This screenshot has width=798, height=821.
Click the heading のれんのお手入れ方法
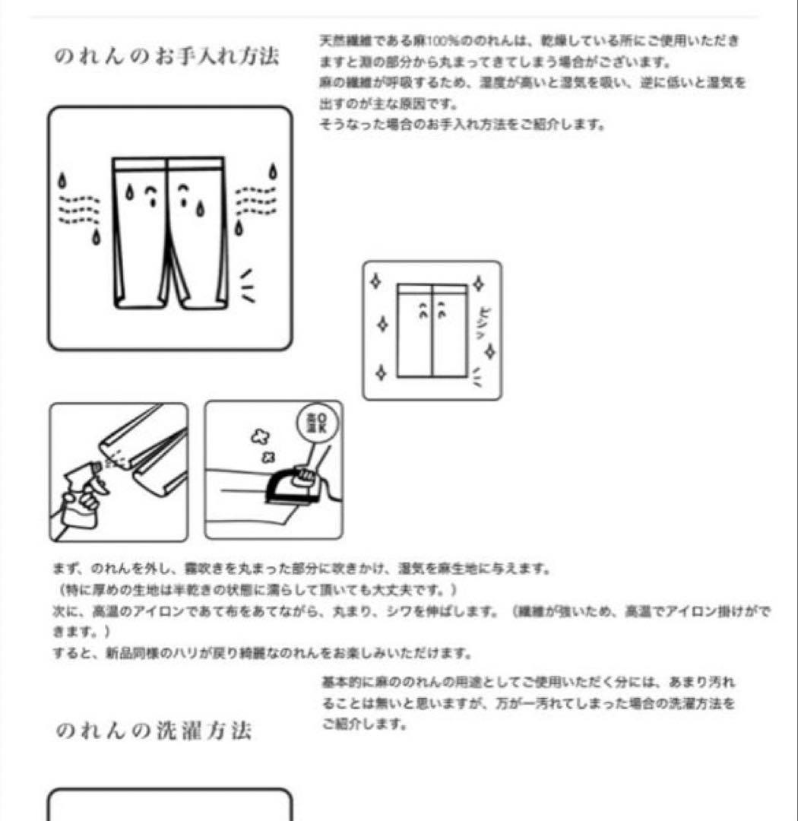166,56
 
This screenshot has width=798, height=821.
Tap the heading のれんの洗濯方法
154,731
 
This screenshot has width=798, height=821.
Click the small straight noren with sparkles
432,330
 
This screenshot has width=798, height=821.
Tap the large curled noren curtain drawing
169,232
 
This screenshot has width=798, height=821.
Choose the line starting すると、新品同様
263,653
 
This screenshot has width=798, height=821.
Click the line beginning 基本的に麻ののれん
528,683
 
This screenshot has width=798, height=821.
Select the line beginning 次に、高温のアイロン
410,611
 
